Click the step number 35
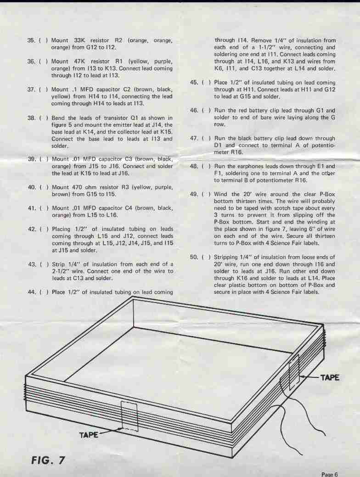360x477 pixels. tap(31, 40)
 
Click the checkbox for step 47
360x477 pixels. tap(206, 138)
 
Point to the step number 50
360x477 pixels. tap(194, 258)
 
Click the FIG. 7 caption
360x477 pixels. tap(48, 460)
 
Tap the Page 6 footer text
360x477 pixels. tap(329, 474)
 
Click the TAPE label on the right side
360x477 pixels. tap(330, 377)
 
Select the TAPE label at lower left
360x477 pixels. tap(89, 435)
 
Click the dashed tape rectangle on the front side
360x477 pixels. tap(129, 416)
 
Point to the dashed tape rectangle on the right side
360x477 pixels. tap(294, 372)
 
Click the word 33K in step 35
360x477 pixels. tap(79, 40)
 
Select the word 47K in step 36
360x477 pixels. tap(80, 62)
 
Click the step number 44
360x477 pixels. tap(32, 292)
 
